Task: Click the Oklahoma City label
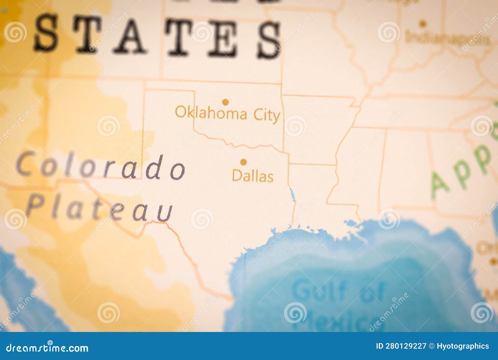pos(227,114)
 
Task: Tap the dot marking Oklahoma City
pos(225,102)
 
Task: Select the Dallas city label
pos(252,176)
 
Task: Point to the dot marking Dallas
pos(243,162)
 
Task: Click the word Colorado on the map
pos(101,167)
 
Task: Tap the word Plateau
pos(99,208)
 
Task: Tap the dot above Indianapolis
pos(422,23)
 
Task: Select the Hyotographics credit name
pos(463,346)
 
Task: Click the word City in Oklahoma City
pos(266,115)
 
